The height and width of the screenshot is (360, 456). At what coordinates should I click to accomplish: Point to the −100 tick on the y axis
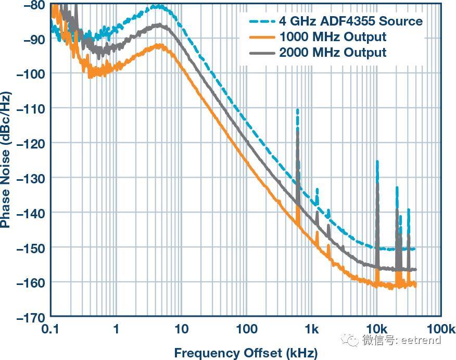coord(31,74)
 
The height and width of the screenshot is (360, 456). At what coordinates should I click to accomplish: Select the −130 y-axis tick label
coord(31,178)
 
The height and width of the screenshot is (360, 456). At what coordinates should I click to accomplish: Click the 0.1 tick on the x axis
coord(50,329)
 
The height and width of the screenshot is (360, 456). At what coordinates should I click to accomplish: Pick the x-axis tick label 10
coord(181,329)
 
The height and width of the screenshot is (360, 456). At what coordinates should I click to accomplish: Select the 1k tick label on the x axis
coord(312,329)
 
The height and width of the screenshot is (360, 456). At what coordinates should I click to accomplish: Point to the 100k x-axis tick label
coord(441,329)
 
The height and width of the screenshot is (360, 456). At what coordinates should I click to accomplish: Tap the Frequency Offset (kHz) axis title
coord(246,353)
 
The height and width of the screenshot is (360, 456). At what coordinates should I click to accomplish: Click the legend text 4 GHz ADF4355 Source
coord(351,21)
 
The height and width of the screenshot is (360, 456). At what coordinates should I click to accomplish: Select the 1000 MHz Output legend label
coord(333,37)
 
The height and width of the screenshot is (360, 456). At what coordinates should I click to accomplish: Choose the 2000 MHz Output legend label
coord(333,53)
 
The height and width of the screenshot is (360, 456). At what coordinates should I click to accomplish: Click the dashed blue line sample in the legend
coord(262,21)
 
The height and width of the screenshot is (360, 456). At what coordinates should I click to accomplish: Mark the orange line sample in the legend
coord(262,38)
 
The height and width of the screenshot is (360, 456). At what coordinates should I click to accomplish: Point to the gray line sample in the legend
coord(262,53)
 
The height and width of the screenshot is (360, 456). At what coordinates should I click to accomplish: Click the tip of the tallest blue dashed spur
coord(297,109)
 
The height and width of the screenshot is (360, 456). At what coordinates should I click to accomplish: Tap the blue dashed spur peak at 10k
coord(377,161)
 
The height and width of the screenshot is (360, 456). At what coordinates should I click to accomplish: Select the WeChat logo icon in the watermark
coord(350,340)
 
